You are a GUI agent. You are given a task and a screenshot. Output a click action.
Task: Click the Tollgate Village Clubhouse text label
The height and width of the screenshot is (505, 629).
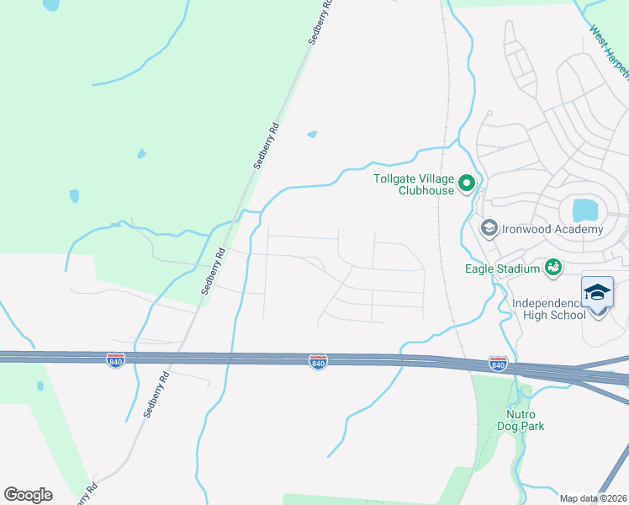pos(414,184)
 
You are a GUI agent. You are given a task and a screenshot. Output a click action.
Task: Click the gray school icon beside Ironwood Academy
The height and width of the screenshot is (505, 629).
pos(488,228)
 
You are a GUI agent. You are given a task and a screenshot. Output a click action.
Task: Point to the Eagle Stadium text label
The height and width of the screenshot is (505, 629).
pos(502,268)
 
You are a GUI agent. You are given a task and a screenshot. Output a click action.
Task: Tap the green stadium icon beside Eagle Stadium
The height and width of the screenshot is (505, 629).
pos(552,268)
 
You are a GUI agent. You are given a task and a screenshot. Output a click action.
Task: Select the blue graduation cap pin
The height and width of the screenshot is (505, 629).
pos(597,293)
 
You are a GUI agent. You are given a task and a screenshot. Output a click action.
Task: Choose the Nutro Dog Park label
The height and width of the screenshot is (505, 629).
pos(526,420)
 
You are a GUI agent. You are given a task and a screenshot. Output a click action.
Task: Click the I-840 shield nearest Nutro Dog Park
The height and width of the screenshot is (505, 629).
pos(498,364)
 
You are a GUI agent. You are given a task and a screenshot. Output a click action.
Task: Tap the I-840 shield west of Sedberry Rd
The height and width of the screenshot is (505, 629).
pos(116,360)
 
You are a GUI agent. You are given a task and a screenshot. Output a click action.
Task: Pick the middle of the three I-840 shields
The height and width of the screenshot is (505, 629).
pos(318,361)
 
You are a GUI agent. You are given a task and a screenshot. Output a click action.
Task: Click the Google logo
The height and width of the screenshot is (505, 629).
pos(28,495)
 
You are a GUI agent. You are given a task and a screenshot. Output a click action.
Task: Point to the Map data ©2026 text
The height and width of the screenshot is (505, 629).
pos(593,498)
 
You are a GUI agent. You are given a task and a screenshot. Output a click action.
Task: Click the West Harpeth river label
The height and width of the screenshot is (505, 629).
pos(610,54)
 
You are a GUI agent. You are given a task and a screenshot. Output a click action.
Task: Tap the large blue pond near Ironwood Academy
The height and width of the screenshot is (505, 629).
pos(582,210)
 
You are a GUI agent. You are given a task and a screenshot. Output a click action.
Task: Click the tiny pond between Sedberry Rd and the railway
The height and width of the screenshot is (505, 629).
pos(313,134)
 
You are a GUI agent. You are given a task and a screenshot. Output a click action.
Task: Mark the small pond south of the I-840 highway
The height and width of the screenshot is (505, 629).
pos(40,386)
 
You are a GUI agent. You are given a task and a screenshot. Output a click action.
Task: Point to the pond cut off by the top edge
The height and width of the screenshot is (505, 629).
pos(51,4)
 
